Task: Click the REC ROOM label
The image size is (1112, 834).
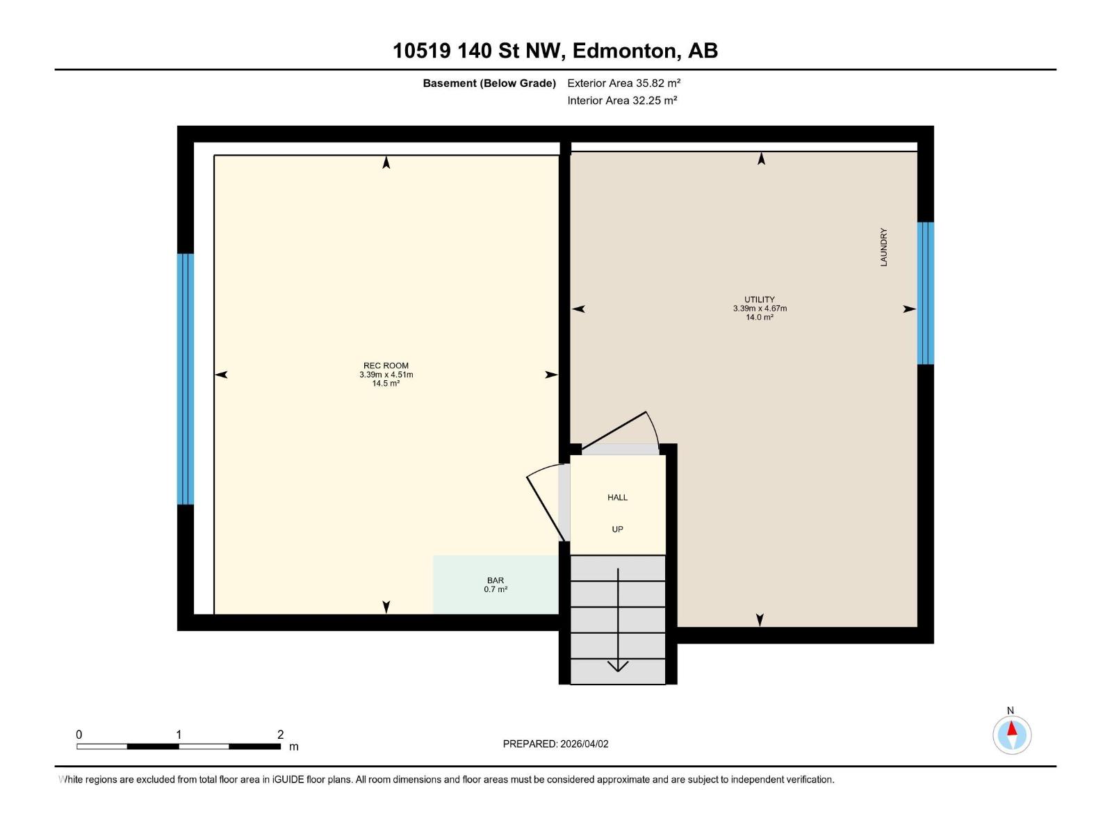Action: coord(386,366)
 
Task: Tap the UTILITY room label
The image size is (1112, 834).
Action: coord(759,300)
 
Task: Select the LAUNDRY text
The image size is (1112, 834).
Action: coord(883,247)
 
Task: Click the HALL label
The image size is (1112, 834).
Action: coord(617,498)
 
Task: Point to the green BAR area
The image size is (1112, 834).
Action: coord(496,584)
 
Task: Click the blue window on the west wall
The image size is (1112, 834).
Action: coord(185,379)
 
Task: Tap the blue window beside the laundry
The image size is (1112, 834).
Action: coord(925,293)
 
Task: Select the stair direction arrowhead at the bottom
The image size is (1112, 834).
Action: coord(618,667)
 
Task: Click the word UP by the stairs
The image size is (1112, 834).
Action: coord(617,530)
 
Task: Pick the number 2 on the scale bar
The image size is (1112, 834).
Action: coord(280,735)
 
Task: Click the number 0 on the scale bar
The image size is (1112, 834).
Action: coord(79,735)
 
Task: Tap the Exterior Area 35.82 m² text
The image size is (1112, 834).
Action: coord(623,83)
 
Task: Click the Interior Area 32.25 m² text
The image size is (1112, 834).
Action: coord(622,100)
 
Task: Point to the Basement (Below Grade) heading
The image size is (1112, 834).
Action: coord(489,83)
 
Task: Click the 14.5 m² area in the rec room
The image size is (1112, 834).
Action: coord(386,384)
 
